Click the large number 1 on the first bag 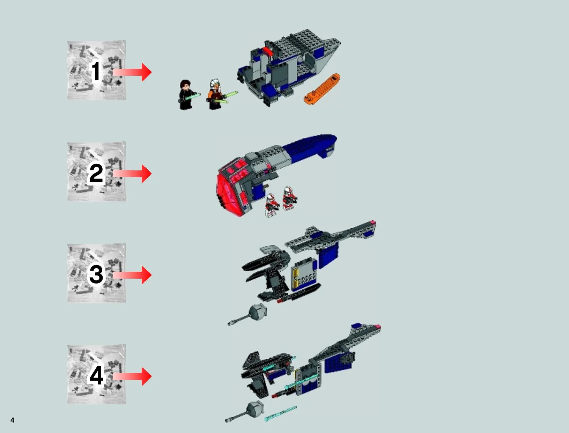click(x=96, y=71)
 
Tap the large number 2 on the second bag click(x=96, y=173)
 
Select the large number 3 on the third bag click(x=96, y=274)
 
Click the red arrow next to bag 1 click(x=132, y=72)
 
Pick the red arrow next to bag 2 click(x=132, y=173)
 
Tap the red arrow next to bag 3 click(x=132, y=274)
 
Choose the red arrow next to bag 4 click(x=132, y=376)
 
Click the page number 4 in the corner click(x=12, y=420)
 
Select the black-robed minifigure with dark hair click(x=186, y=95)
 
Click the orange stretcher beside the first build click(x=322, y=89)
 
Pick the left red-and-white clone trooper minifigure click(x=272, y=205)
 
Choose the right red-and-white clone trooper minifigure click(x=289, y=198)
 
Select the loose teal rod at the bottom click(x=280, y=413)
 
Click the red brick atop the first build click(x=267, y=51)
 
